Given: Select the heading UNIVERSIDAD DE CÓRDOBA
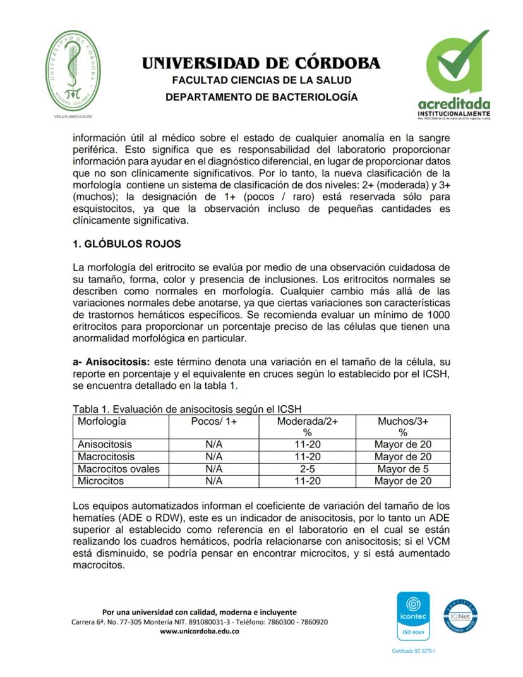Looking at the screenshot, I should (x=261, y=63).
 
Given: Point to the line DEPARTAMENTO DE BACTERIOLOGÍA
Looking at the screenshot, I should (x=261, y=97).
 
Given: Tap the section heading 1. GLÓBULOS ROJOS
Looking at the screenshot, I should (x=127, y=243).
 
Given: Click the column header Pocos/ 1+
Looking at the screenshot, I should (x=213, y=421).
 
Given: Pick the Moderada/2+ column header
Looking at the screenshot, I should (x=308, y=421).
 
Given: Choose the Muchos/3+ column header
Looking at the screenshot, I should (x=402, y=421).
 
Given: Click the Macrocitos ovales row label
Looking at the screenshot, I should (x=119, y=469).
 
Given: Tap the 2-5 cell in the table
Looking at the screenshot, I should (x=308, y=469).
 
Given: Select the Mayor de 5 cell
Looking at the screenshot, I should (x=403, y=469).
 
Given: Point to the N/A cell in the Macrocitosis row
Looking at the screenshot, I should (x=213, y=456).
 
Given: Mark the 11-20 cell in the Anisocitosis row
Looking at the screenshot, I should (x=308, y=444).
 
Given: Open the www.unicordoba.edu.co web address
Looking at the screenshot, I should (x=199, y=631).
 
